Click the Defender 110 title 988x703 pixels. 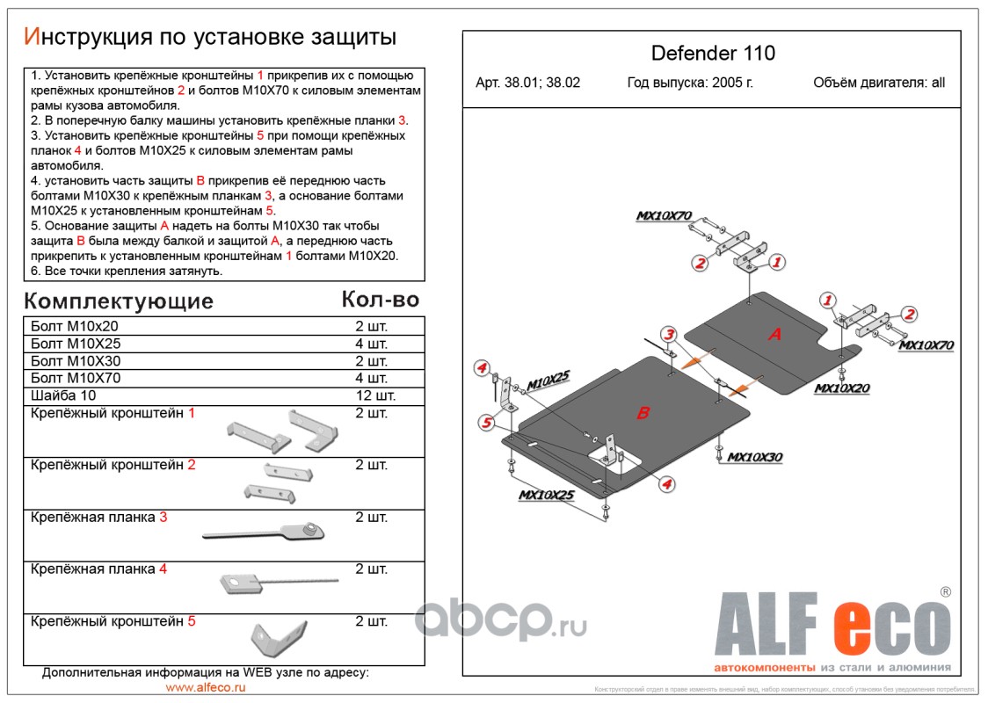pos(713,53)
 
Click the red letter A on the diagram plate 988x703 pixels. pos(775,334)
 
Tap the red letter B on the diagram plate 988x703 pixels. pos(643,413)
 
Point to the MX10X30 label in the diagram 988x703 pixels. pos(755,457)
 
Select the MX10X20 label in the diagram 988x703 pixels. pos(841,388)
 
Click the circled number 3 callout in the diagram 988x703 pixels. pos(669,334)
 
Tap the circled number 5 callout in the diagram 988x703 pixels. pos(484,424)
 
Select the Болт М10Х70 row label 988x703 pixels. pos(76,379)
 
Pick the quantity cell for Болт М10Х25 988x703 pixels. pos(371,344)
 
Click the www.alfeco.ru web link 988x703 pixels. pos(206,687)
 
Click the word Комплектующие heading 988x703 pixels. pos(119,301)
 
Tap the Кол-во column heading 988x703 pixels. pos(380,300)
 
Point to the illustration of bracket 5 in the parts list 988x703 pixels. pos(277,635)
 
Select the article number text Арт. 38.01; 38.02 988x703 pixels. pos(527,83)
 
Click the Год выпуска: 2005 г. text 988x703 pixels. pos(690,83)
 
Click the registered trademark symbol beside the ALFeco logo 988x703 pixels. pos(945,592)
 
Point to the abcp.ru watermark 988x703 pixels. pos(501,620)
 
